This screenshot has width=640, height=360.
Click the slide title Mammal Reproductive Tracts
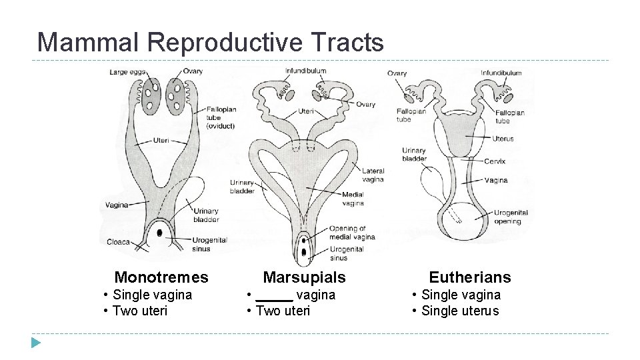pos(211,42)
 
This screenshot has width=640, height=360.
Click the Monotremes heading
pos(161,277)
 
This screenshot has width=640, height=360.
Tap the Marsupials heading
pos(305,277)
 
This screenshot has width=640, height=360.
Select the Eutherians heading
pos(469,277)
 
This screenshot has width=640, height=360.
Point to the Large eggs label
pos(127,72)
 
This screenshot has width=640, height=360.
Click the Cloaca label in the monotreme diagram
pos(118,242)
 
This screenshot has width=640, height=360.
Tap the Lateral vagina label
pos(373,175)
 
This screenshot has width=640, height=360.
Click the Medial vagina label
pos(353,199)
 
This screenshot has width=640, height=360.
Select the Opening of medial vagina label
pos(352,233)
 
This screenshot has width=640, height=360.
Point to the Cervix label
pos(495,161)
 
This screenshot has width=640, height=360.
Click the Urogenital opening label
pos(511,217)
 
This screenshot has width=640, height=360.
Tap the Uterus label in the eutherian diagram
pos(503,139)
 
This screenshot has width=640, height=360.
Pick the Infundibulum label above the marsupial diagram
pos(306,71)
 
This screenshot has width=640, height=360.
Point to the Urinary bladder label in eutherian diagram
pos(414,155)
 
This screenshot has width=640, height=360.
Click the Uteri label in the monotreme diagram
pos(161,141)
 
